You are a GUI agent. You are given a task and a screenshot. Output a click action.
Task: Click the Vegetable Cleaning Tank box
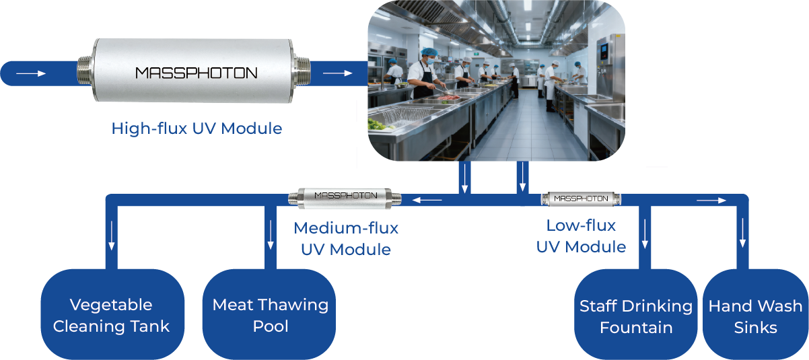pyautogui.click(x=112, y=316)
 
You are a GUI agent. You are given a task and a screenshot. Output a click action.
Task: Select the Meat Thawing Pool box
pyautogui.click(x=271, y=316)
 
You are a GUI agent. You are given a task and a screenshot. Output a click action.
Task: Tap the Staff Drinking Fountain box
pyautogui.click(x=636, y=316)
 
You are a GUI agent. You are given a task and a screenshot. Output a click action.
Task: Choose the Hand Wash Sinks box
pyautogui.click(x=755, y=316)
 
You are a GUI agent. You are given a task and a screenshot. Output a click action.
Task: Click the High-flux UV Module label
pyautogui.click(x=197, y=128)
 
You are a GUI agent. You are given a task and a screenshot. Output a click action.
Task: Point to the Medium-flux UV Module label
pyautogui.click(x=346, y=238)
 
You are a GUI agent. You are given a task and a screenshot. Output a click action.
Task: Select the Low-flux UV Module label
pyautogui.click(x=582, y=236)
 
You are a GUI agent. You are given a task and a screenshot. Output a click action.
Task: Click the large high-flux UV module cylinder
pyautogui.click(x=196, y=73)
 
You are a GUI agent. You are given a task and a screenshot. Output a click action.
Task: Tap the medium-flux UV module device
pyautogui.click(x=346, y=196)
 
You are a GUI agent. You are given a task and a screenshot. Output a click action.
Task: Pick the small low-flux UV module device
pyautogui.click(x=582, y=199)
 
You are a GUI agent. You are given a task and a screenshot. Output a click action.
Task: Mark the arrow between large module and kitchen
pyautogui.click(x=337, y=73)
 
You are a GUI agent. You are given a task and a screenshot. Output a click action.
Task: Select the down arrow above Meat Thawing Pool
pyautogui.click(x=271, y=236)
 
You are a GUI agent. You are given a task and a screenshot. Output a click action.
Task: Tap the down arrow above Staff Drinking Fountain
pyautogui.click(x=645, y=234)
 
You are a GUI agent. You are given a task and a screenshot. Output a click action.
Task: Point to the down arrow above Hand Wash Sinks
pyautogui.click(x=743, y=234)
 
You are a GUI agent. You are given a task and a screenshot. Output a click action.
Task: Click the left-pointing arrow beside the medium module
pyautogui.click(x=427, y=200)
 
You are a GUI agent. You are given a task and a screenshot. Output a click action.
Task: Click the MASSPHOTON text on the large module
pyautogui.click(x=196, y=73)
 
